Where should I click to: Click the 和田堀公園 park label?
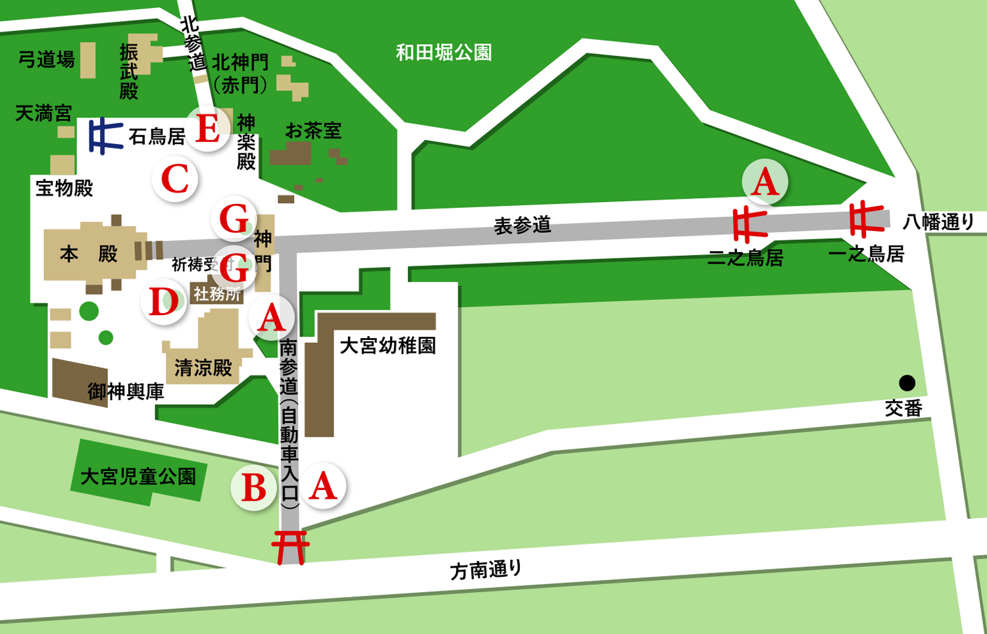(443, 53)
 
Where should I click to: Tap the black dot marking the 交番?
(907, 383)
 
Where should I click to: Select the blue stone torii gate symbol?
(105, 135)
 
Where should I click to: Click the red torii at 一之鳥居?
(865, 220)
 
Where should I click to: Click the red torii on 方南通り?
(290, 547)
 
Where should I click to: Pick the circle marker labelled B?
(254, 488)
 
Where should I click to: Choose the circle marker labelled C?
(175, 179)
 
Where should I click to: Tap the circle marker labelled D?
(164, 302)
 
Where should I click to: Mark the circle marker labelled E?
(208, 129)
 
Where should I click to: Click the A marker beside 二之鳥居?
(765, 182)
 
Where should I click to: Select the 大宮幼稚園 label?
(388, 345)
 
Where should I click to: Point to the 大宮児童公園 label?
(138, 476)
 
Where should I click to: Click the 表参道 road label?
(522, 226)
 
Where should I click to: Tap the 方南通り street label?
(486, 570)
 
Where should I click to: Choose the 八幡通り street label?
(938, 222)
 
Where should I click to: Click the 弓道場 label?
(46, 60)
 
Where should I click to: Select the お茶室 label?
(313, 131)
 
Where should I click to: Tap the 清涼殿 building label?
(203, 368)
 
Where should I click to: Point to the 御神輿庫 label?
(126, 392)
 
